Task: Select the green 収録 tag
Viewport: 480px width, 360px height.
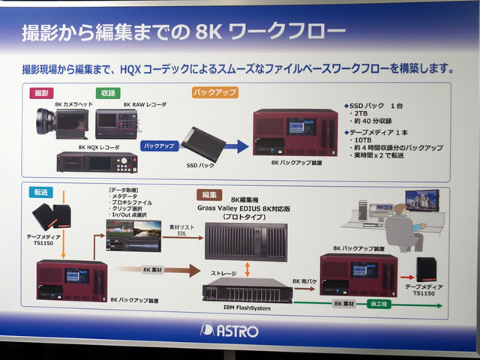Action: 108,93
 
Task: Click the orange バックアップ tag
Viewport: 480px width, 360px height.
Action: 215,93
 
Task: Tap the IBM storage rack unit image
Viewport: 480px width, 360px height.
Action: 247,289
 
